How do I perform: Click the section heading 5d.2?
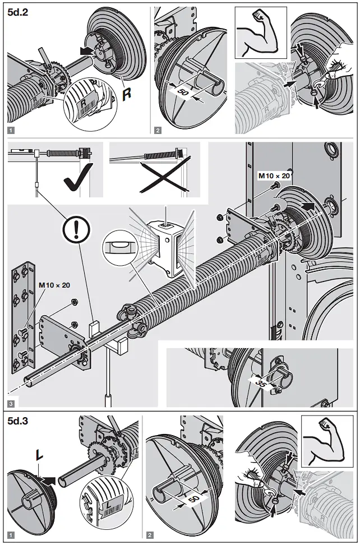click(x=20, y=15)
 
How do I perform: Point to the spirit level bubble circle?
click(x=118, y=245)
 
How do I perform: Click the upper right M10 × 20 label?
click(x=274, y=175)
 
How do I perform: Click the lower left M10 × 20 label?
click(x=54, y=285)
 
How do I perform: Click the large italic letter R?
click(x=127, y=93)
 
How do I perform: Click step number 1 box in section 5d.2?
click(x=11, y=130)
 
